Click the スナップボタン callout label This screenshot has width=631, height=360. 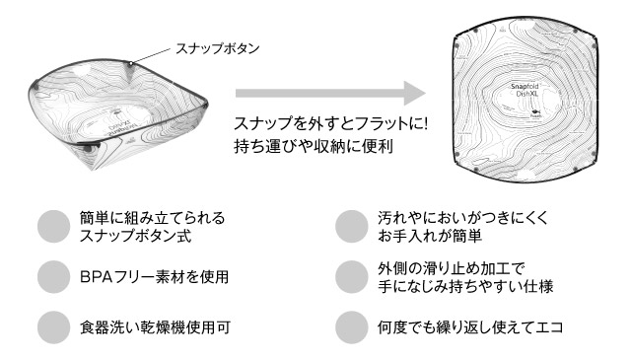pyautogui.click(x=218, y=48)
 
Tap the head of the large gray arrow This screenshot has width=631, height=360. pyautogui.click(x=415, y=94)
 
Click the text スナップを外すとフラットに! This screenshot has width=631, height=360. pyautogui.click(x=330, y=123)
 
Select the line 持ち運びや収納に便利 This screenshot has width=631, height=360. pyautogui.click(x=314, y=146)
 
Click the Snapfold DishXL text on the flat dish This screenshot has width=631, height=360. pyautogui.click(x=525, y=90)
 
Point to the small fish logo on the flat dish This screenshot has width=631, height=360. pyautogui.click(x=535, y=111)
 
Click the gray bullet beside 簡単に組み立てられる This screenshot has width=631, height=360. pyautogui.click(x=54, y=226)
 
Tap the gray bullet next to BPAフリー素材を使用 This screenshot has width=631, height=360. pyautogui.click(x=54, y=276)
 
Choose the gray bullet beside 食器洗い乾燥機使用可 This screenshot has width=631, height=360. pyautogui.click(x=54, y=327)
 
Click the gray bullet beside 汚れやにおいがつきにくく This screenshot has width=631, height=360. pyautogui.click(x=352, y=226)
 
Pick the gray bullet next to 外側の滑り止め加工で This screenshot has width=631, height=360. pyautogui.click(x=352, y=276)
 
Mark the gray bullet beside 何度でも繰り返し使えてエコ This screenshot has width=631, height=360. pyautogui.click(x=352, y=327)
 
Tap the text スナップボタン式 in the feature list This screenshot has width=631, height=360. pyautogui.click(x=136, y=236)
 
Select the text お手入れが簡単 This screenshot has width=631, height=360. pyautogui.click(x=430, y=236)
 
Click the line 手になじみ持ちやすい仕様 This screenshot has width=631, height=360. pyautogui.click(x=465, y=286)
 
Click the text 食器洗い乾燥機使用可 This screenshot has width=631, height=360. pyautogui.click(x=156, y=327)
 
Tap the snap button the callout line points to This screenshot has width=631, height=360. pyautogui.click(x=130, y=63)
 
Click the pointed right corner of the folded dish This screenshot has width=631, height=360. pyautogui.click(x=206, y=105)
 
